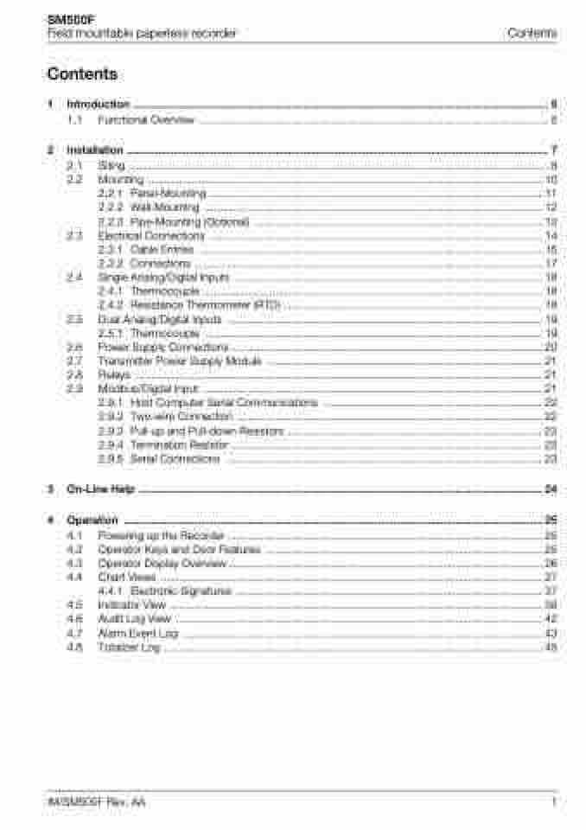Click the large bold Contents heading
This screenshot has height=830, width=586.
point(83,74)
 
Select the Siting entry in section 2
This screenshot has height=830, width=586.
point(111,165)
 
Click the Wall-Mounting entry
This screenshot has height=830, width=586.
point(164,207)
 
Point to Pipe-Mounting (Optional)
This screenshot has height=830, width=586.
point(189,222)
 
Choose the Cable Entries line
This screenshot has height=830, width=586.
point(162,250)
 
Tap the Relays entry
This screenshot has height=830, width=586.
point(114,375)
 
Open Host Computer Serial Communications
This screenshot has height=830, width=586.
point(223,403)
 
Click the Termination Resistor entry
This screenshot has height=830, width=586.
point(179,444)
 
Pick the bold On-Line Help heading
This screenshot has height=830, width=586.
point(100,489)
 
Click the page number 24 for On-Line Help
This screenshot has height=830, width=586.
point(551,489)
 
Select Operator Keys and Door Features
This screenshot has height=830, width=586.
point(179,550)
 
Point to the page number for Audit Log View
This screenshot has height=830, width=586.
point(551,619)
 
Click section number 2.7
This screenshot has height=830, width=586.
point(74,361)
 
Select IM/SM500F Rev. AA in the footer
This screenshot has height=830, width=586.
point(96,803)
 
